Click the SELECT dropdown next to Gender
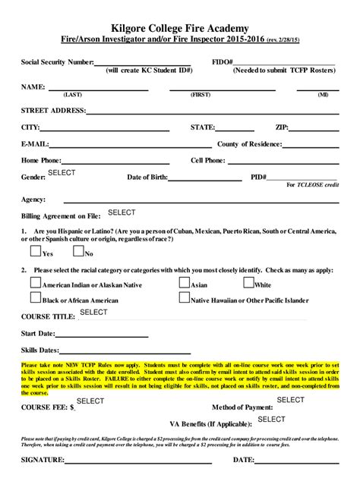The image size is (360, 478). click(x=62, y=173)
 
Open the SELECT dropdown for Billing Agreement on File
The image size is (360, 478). click(x=122, y=212)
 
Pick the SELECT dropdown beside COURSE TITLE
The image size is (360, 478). click(x=93, y=312)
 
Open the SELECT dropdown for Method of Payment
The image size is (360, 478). click(x=290, y=399)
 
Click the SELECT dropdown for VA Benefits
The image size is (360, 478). click(x=272, y=419)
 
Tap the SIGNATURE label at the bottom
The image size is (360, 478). click(x=43, y=460)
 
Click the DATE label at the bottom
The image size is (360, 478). click(x=243, y=460)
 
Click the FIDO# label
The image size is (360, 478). click(x=222, y=61)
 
